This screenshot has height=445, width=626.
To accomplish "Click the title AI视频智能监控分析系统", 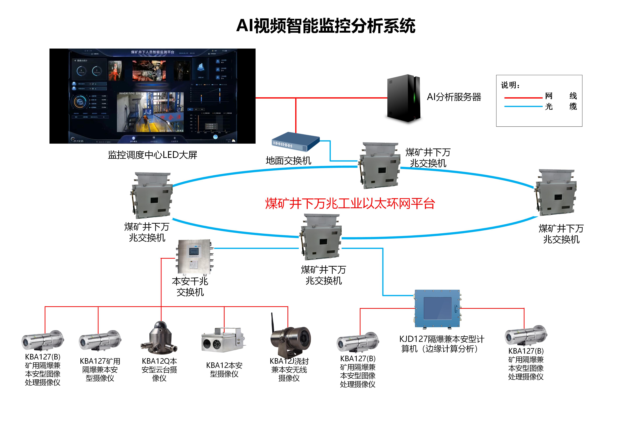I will (x=326, y=26).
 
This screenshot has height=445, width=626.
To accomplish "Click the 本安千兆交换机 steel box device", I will (x=194, y=257).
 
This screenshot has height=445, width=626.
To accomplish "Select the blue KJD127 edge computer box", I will (x=437, y=308).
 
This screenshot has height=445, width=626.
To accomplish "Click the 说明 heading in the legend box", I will (x=510, y=85).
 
